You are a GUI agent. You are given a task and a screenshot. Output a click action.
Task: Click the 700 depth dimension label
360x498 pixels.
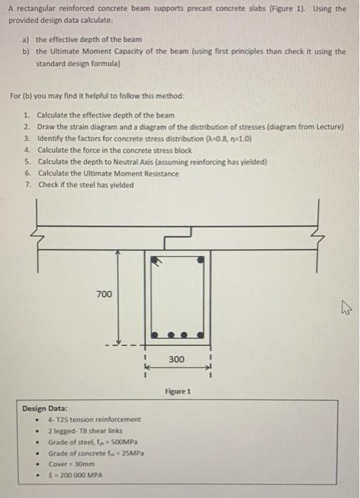(x=104, y=293)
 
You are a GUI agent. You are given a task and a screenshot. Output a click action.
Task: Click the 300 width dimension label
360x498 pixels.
(x=176, y=360)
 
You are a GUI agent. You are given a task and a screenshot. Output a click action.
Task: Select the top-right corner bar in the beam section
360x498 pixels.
(x=201, y=261)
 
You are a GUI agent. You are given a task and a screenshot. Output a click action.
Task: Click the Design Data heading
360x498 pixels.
(x=46, y=409)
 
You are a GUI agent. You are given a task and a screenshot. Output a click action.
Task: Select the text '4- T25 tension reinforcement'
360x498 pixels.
(x=94, y=420)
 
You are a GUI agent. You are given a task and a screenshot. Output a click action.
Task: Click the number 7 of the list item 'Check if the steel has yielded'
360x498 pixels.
(x=26, y=185)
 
